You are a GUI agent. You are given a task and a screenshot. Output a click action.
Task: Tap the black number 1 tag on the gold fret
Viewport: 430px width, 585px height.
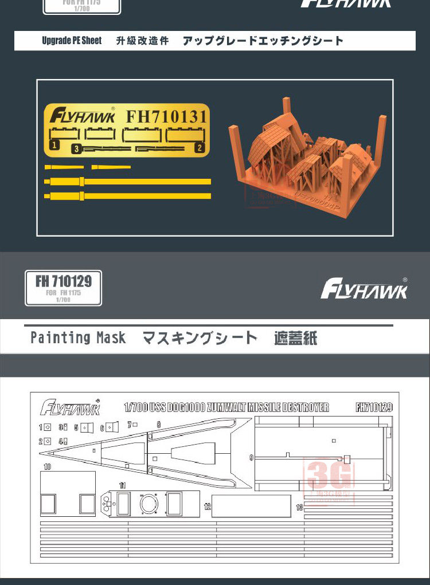[x=54, y=146]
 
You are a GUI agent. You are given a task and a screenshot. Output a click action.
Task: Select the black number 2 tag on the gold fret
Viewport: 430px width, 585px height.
[x=200, y=147]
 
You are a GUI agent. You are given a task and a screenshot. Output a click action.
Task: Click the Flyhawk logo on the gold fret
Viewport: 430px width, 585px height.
[x=82, y=117]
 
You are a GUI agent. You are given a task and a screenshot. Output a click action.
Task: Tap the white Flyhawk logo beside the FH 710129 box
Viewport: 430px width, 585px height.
[x=363, y=289]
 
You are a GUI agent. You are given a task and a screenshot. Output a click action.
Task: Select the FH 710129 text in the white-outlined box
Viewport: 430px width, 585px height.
[x=64, y=281]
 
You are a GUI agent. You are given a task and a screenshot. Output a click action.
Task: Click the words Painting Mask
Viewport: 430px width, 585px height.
[x=78, y=338]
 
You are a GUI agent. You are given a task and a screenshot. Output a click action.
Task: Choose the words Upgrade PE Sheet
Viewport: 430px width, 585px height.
[x=72, y=41]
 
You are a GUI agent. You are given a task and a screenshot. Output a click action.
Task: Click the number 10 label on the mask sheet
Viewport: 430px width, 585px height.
[x=47, y=467]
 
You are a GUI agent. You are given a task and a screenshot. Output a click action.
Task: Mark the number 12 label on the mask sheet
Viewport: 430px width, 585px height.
[x=207, y=507]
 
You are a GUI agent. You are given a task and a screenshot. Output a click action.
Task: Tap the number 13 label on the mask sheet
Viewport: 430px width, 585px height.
[x=299, y=508]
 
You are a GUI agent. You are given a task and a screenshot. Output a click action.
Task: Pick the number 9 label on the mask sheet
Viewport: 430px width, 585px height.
[x=251, y=457]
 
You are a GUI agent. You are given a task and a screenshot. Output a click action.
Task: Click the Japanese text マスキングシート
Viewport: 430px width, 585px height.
[x=200, y=338]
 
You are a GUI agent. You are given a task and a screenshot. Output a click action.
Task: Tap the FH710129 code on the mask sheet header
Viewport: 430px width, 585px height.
[x=374, y=407]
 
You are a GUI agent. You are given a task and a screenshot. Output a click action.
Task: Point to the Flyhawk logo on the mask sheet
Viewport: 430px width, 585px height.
[x=70, y=407]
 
